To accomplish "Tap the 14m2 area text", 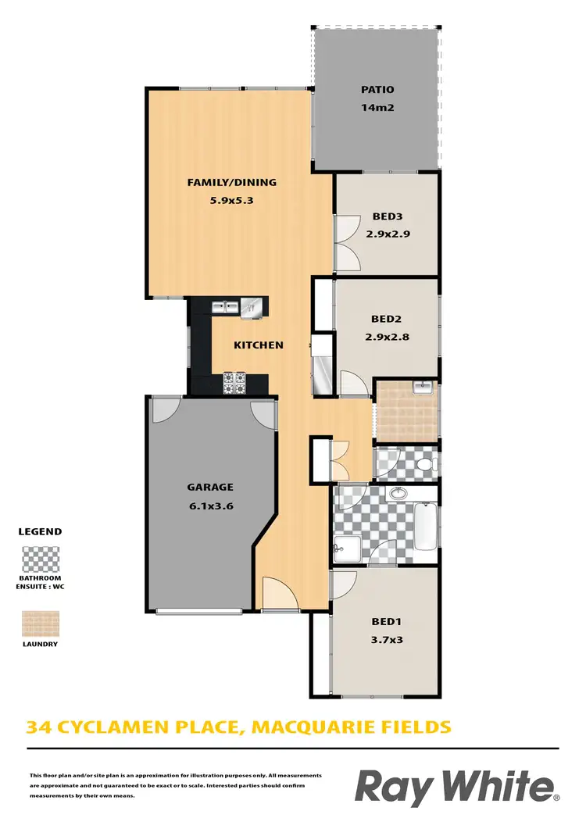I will (377, 108).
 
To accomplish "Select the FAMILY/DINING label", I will (231, 183).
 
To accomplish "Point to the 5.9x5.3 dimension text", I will (231, 200).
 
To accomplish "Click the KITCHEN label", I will (259, 345).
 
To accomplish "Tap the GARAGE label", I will (209, 487).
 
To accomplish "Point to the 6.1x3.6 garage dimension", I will (209, 506).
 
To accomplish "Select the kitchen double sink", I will (227, 307).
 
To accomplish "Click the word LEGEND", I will (40, 531).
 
